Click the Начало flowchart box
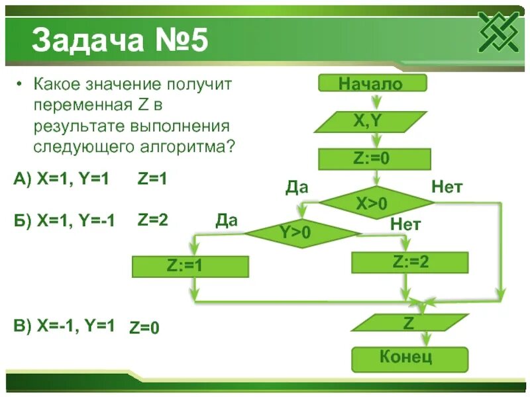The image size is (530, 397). (373, 83)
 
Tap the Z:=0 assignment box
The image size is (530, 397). (375, 159)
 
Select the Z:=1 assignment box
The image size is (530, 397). (190, 266)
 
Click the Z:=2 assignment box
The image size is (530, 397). (410, 262)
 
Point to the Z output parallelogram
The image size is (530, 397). (409, 323)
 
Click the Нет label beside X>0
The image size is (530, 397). (447, 187)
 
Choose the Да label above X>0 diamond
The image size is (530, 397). (296, 187)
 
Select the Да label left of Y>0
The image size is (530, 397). (226, 220)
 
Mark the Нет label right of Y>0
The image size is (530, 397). (405, 224)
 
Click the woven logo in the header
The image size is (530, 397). (501, 32)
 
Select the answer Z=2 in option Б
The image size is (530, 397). (153, 220)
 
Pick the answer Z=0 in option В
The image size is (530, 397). (144, 327)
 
